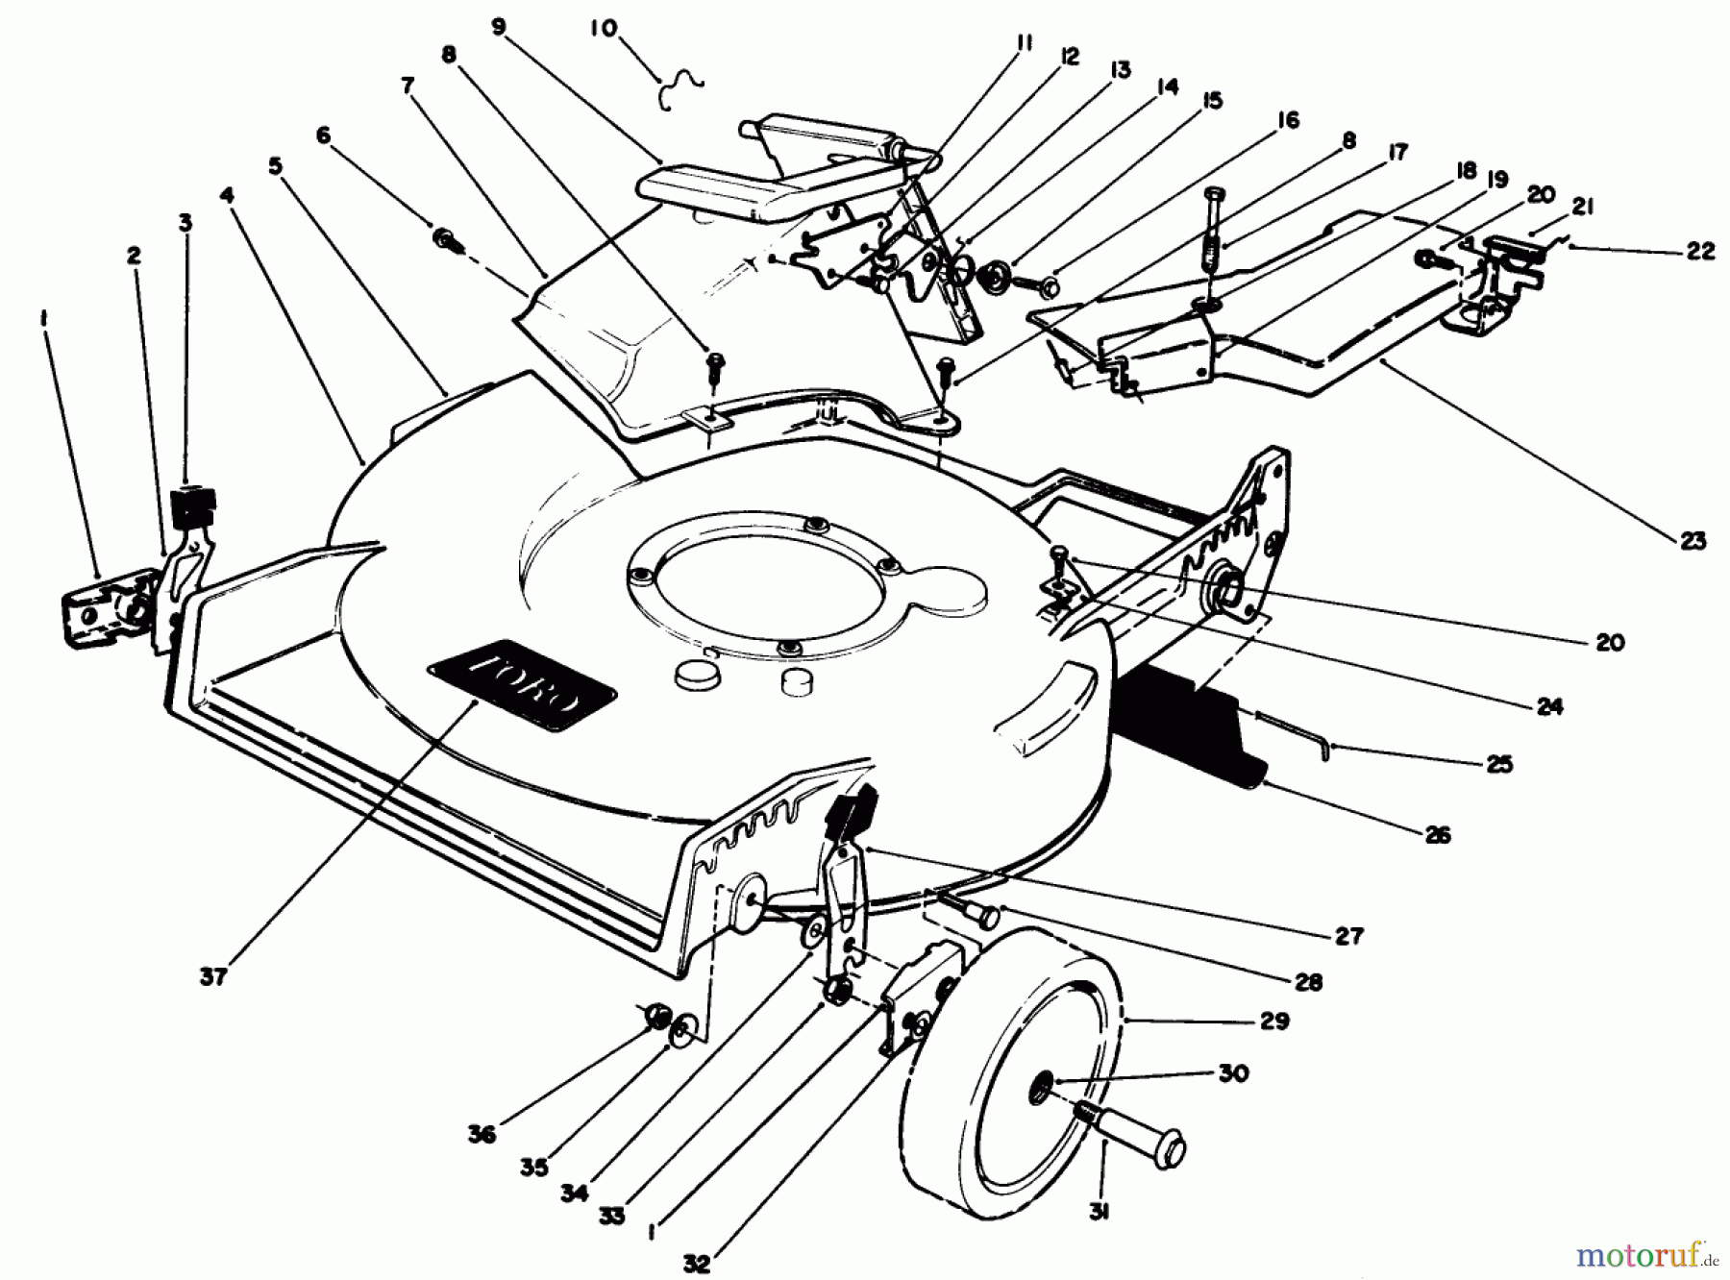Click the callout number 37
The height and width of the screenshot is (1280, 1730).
213,976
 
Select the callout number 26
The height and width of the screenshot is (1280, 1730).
1438,834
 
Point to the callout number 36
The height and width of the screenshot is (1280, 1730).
482,1134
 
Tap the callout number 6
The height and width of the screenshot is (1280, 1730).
323,135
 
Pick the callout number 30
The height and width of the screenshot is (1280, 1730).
1233,1072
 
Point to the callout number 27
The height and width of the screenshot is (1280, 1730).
1349,935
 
